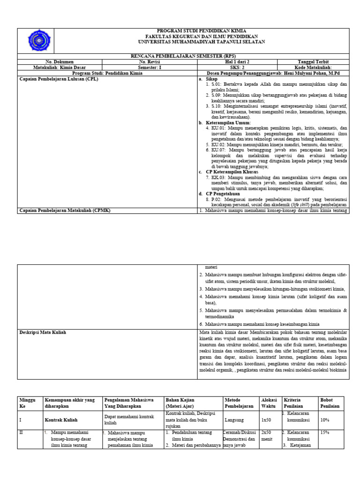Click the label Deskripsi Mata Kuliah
click(x=43, y=332)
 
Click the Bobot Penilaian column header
click(x=330, y=403)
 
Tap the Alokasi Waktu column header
click(x=269, y=403)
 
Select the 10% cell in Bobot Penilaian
click(x=325, y=420)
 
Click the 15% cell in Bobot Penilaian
click(x=325, y=432)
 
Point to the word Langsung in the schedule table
click(x=234, y=420)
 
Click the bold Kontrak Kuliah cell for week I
click(x=61, y=420)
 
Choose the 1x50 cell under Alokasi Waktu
click(x=267, y=420)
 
